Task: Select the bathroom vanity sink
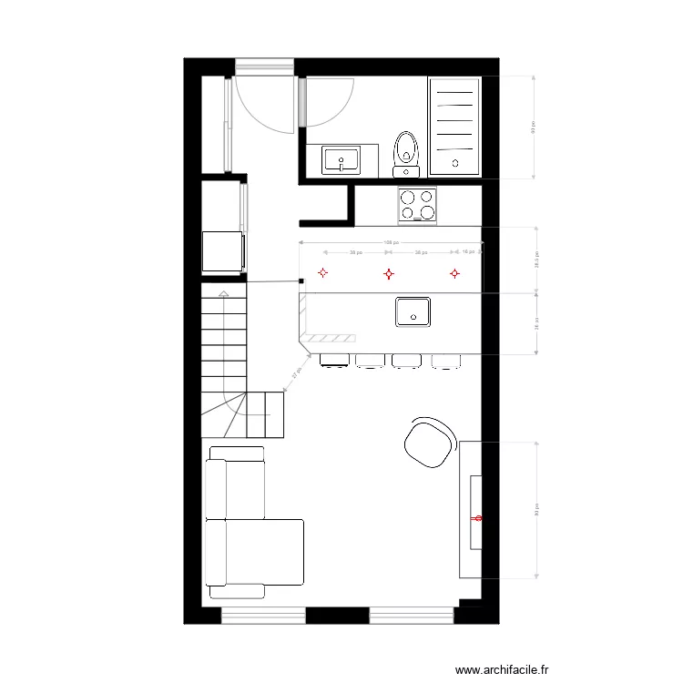341,161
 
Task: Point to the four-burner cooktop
417,204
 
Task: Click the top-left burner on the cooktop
408,196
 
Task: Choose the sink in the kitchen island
413,311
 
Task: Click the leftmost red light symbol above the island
322,272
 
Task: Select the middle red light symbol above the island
388,273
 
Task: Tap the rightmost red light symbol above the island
454,272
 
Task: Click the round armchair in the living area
430,442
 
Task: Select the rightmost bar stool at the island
446,362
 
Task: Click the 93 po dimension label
534,128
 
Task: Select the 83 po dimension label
537,510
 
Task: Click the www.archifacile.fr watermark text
503,669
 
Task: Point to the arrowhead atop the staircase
223,292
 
